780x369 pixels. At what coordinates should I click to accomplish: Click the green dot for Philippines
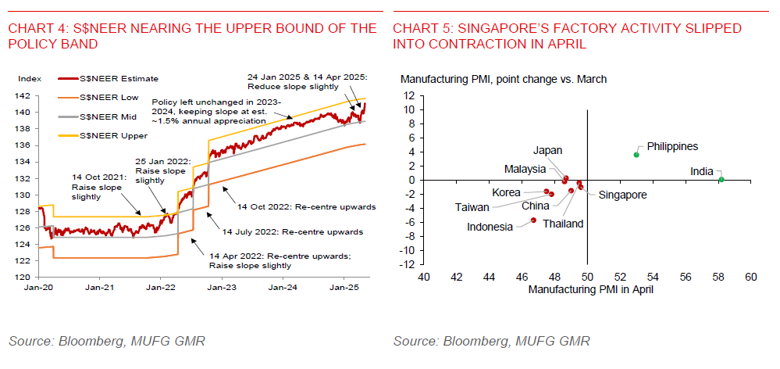(x=636, y=155)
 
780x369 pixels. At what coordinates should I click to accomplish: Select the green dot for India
(x=721, y=179)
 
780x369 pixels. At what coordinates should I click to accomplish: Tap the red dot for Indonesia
(x=533, y=220)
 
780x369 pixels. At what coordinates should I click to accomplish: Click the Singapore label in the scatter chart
(x=623, y=195)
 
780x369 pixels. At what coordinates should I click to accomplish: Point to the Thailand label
(x=564, y=224)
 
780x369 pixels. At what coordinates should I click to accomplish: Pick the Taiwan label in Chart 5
(x=472, y=207)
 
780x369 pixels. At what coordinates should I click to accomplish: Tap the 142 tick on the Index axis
(x=27, y=96)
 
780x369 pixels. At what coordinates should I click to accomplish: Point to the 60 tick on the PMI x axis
(x=750, y=277)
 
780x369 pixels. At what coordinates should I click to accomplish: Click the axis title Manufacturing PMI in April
(x=590, y=289)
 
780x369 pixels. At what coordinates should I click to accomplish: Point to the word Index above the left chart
(x=29, y=78)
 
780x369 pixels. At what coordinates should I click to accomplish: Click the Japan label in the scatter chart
(x=547, y=150)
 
